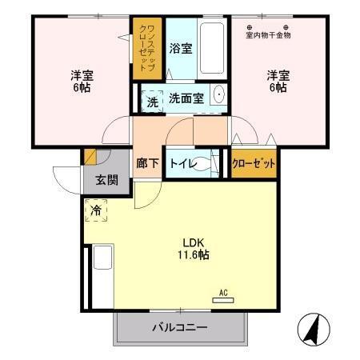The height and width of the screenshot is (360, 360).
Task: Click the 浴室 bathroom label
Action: point(181,49)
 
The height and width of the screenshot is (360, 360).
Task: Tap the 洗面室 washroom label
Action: point(186,98)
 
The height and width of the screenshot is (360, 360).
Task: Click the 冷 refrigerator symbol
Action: point(96,212)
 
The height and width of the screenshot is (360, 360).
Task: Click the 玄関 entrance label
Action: point(106,179)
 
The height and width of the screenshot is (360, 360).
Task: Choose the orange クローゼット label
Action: point(254,163)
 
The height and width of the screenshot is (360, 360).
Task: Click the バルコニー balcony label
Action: point(180,328)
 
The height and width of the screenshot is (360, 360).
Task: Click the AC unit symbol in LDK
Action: point(223,300)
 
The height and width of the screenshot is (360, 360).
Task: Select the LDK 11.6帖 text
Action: point(193,249)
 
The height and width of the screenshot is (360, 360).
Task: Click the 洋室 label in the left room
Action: point(82,76)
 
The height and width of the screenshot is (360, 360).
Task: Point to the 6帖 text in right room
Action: point(278,88)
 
